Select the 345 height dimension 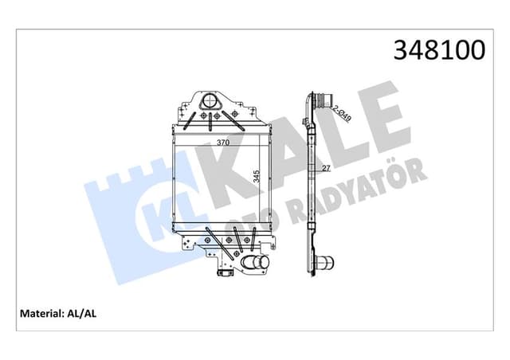pos(257,176)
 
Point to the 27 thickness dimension pos(327,169)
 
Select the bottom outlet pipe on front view pos(257,265)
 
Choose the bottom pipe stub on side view pos(326,264)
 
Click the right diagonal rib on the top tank pos(237,119)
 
